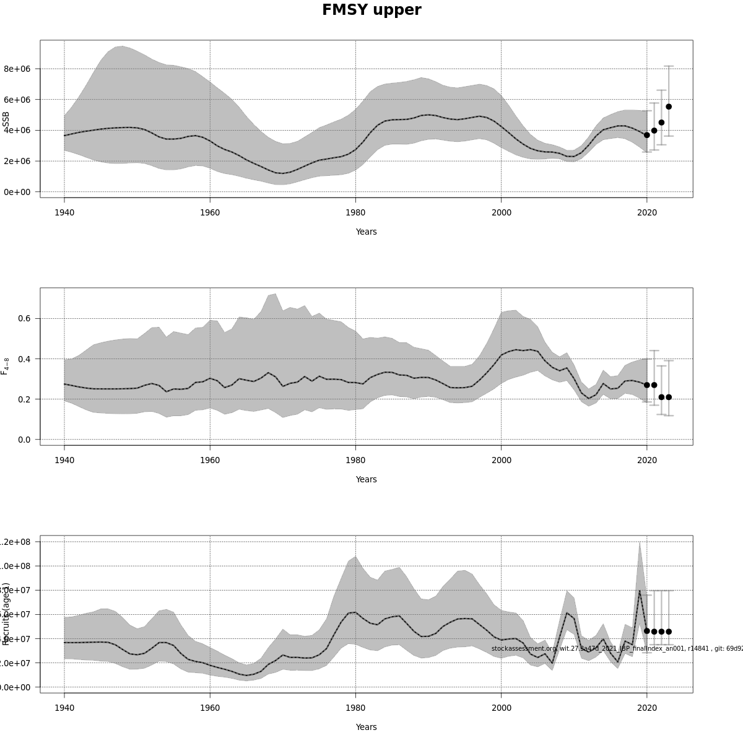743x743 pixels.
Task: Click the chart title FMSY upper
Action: coord(371,11)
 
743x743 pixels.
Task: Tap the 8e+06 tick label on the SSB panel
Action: coord(17,69)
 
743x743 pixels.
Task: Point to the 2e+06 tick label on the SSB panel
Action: coord(17,161)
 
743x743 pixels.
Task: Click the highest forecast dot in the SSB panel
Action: coord(669,106)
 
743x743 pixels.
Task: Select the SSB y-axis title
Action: coord(6,121)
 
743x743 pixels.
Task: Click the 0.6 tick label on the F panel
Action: coord(25,319)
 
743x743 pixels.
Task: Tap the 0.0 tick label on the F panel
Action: coord(25,440)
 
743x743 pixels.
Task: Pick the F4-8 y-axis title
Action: coord(6,366)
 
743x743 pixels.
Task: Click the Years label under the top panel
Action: coord(366,232)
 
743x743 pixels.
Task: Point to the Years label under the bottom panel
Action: coord(366,728)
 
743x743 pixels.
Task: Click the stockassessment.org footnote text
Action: coord(617,649)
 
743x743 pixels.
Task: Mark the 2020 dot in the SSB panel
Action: coord(647,135)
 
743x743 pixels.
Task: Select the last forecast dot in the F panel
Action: coord(669,398)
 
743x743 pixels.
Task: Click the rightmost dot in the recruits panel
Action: coord(669,632)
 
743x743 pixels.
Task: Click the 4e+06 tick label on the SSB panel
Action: coord(17,131)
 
